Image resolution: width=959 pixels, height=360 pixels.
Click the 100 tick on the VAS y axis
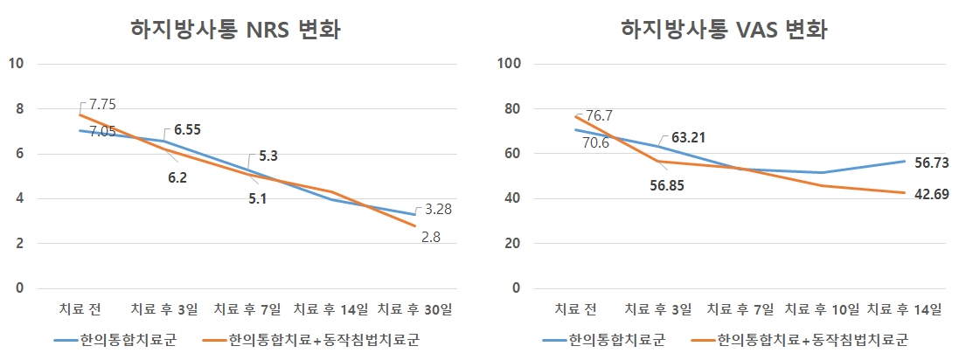510,64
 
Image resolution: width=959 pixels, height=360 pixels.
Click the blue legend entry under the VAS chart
603,339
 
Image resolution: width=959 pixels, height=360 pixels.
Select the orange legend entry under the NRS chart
316,339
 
